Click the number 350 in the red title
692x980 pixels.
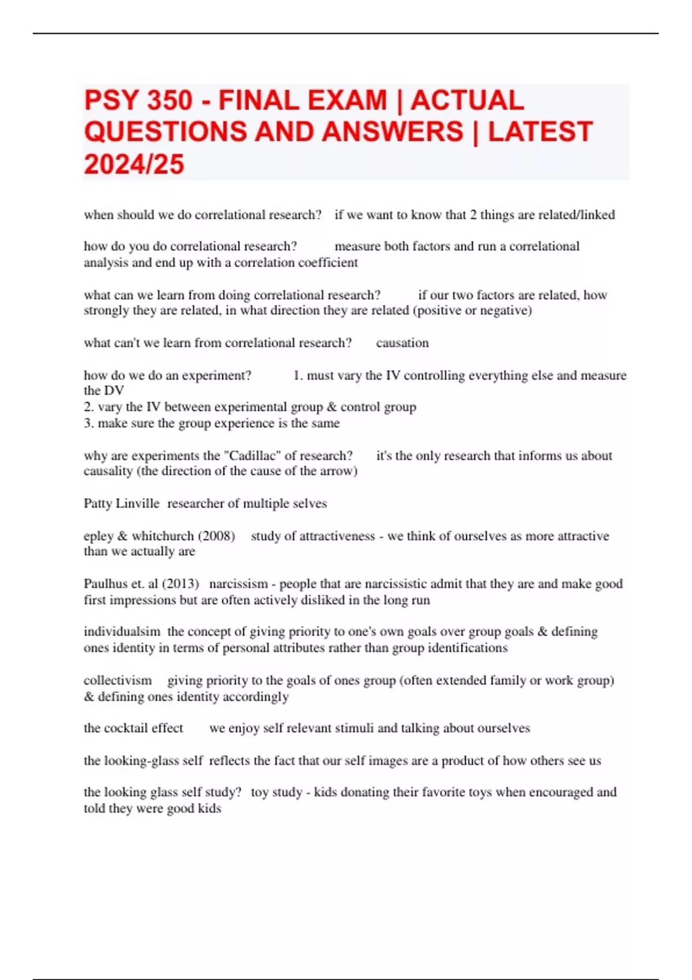[170, 100]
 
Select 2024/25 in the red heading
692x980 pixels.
[134, 164]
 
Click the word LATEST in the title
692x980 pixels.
[540, 132]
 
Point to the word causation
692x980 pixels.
[403, 343]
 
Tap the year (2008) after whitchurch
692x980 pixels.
[216, 536]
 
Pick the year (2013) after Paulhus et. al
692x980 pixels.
[180, 584]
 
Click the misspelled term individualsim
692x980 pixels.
[122, 632]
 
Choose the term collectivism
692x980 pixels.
[118, 680]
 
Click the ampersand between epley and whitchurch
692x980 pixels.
[122, 536]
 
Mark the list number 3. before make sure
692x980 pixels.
[89, 424]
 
